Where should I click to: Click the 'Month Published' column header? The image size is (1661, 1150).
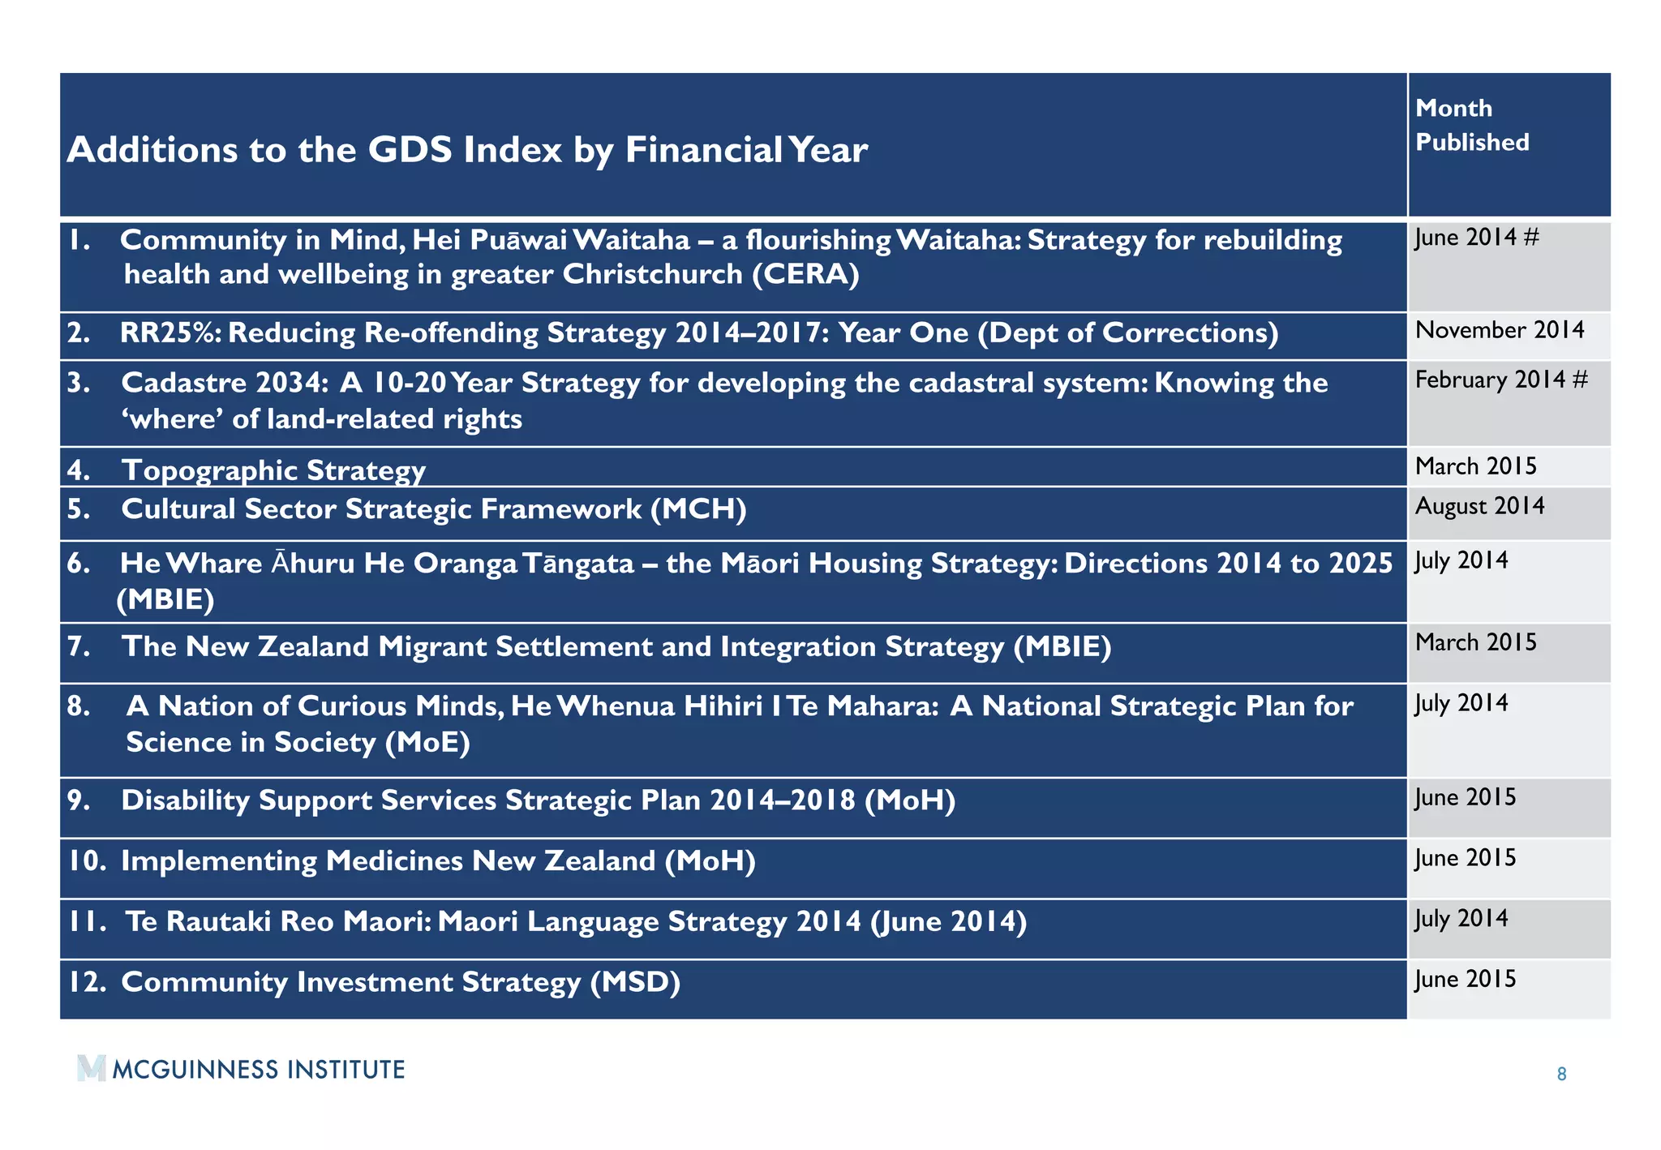click(1471, 125)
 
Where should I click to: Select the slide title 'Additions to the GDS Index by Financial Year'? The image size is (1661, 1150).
click(467, 150)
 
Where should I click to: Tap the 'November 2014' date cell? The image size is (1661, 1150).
click(1499, 330)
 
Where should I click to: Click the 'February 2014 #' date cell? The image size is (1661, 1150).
click(1500, 380)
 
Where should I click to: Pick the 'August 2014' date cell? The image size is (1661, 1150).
click(1479, 506)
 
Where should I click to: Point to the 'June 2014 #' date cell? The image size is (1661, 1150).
click(1476, 238)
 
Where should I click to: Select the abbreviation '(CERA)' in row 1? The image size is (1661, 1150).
click(805, 274)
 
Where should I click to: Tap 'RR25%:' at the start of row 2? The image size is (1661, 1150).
click(170, 333)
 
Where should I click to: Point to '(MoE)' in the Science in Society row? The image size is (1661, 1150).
click(427, 742)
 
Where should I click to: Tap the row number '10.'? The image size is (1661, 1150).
click(87, 861)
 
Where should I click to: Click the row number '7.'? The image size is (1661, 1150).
click(79, 646)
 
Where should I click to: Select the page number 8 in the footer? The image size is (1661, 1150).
click(1561, 1075)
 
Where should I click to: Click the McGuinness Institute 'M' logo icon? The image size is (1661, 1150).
click(92, 1068)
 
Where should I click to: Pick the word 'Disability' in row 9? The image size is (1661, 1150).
click(185, 800)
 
